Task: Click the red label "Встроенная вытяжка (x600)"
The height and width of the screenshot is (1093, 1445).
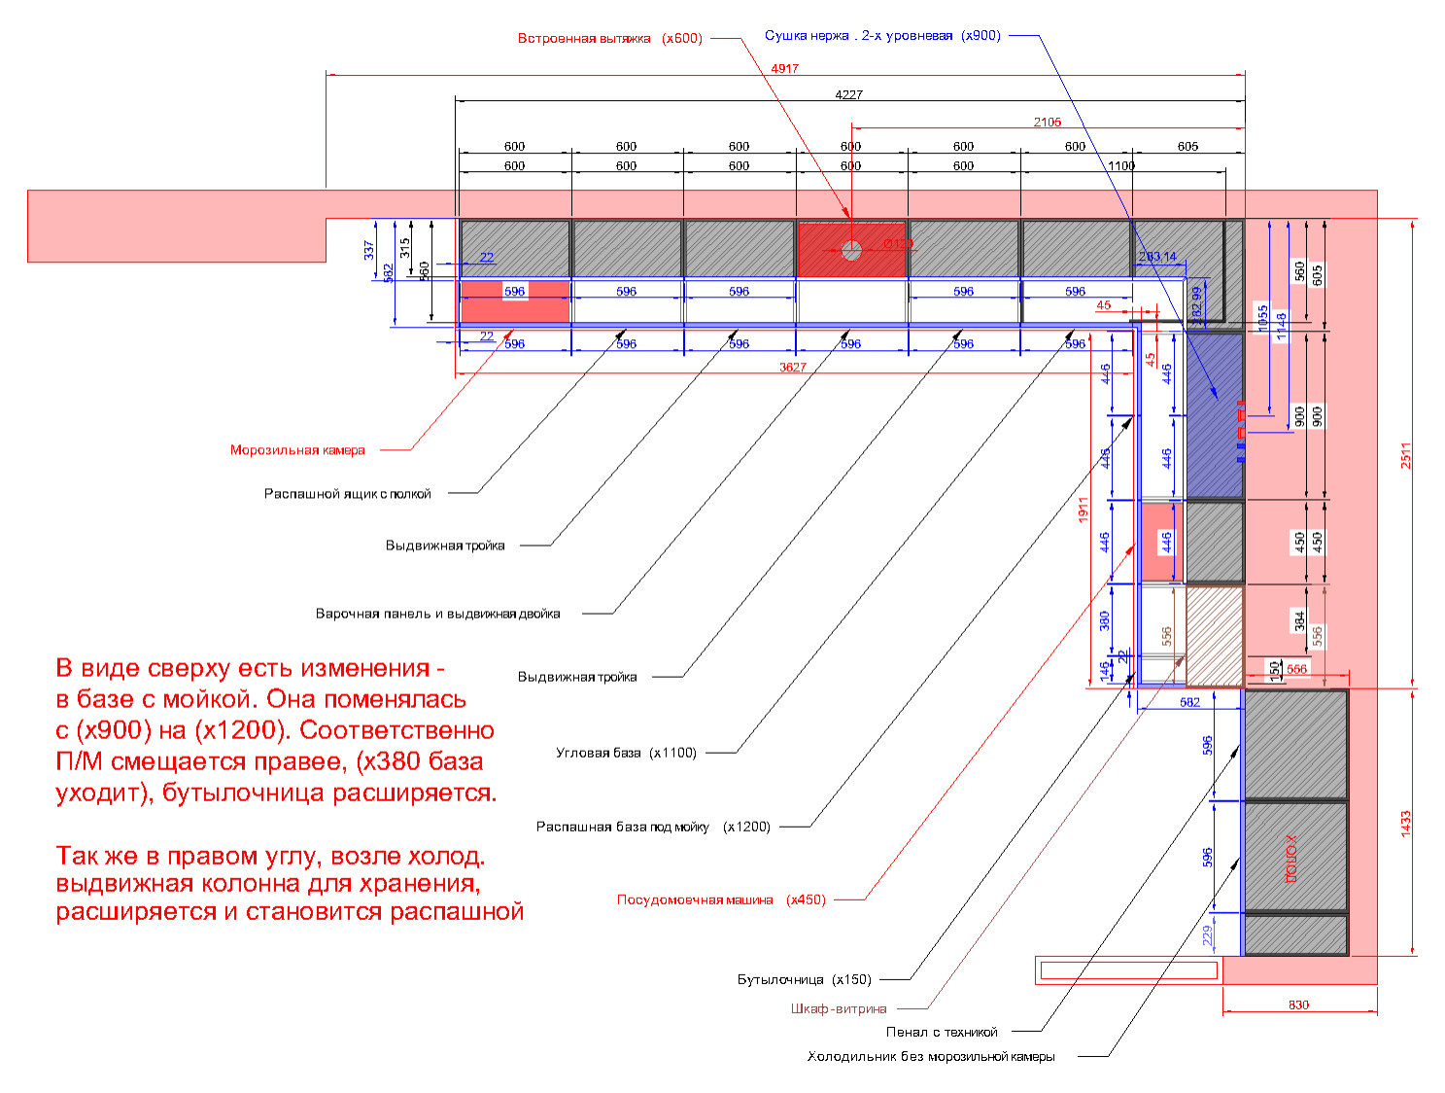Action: point(609,39)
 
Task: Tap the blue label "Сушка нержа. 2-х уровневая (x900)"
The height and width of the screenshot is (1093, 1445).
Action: point(882,36)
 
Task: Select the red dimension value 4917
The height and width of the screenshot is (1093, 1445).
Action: point(784,68)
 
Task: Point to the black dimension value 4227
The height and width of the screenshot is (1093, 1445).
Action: point(848,94)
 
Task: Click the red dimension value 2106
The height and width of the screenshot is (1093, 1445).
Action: point(1047,122)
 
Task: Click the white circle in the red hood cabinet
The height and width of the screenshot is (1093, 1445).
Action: point(851,250)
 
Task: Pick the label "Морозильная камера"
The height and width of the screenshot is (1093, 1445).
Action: point(297,450)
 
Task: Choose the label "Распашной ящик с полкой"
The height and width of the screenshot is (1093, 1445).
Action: point(347,494)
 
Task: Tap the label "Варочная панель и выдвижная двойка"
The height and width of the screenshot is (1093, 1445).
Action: point(437,614)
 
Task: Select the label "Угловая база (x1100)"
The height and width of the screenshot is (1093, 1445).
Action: point(626,753)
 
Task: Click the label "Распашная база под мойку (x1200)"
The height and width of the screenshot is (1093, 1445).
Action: point(653,827)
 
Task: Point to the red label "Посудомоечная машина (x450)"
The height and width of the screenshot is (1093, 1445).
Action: point(721,899)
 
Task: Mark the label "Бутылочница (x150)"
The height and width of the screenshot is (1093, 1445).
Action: point(804,979)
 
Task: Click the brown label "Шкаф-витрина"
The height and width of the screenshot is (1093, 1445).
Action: point(838,1008)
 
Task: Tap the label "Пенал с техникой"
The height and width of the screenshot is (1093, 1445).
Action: point(941,1032)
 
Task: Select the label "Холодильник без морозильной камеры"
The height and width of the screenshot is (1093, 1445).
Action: point(930,1056)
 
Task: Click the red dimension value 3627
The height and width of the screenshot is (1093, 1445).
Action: point(792,367)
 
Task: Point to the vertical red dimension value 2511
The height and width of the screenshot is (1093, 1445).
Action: point(1405,455)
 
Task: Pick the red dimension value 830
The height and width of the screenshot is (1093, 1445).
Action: point(1298,1005)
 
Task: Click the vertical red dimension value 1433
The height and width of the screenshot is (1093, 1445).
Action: point(1405,823)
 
